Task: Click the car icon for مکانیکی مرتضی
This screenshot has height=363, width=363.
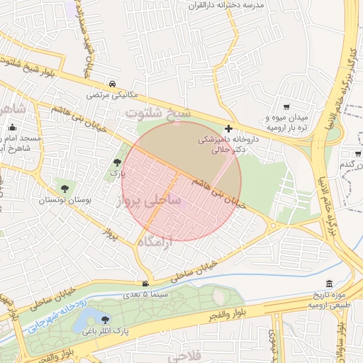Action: [x=114, y=82]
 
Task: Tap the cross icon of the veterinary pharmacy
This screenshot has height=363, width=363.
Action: [x=228, y=128]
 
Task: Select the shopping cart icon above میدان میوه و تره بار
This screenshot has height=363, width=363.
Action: [x=286, y=106]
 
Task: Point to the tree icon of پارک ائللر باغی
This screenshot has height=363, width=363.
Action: [x=106, y=320]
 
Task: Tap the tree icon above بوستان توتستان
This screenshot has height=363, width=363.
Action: [x=65, y=189]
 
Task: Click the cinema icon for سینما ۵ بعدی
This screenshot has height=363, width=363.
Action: [x=145, y=283]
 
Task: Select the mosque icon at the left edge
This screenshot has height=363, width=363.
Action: [x=12, y=127]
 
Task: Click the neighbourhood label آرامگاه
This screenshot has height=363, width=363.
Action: [x=155, y=242]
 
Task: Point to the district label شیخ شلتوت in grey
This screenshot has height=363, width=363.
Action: [x=159, y=113]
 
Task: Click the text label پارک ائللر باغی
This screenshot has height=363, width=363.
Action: [x=106, y=331]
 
